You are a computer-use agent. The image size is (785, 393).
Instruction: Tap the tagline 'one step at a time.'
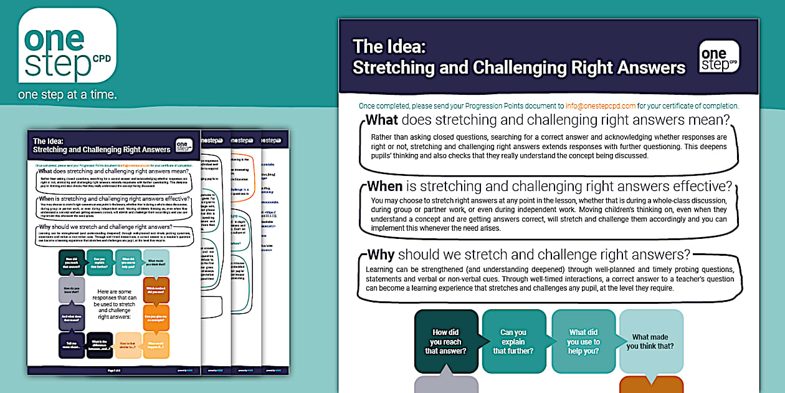tap(67, 95)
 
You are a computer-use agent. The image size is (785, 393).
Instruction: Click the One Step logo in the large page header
tap(718, 57)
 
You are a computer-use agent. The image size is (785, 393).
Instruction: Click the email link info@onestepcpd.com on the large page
tap(601, 106)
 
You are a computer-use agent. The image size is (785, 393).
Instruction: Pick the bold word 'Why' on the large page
tap(381, 255)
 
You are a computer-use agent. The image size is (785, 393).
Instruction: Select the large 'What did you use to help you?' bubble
tap(583, 342)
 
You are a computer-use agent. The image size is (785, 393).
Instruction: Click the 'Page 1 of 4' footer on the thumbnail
tap(114, 370)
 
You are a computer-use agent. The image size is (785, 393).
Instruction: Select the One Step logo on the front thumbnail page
tap(184, 145)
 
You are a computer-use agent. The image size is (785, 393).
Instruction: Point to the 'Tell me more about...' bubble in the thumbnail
tap(71, 345)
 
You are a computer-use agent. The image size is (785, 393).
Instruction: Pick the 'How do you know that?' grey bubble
tap(71, 290)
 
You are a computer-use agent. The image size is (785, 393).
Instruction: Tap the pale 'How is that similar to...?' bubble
tap(128, 345)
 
